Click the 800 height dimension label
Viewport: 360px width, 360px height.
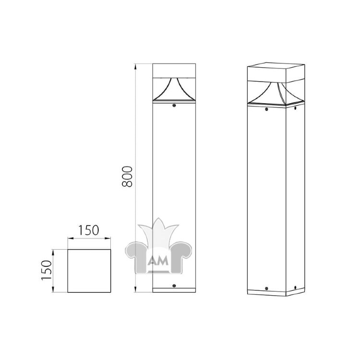pos(127,176)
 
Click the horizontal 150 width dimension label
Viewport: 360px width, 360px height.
pos(89,230)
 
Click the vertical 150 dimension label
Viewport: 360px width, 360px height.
pos(46,270)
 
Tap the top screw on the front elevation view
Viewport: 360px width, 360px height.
pos(174,106)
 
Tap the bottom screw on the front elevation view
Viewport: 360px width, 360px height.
pos(174,286)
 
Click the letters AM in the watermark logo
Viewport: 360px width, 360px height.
pos(158,261)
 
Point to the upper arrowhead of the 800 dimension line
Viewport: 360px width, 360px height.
pos(135,66)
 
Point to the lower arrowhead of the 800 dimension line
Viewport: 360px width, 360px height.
pos(135,289)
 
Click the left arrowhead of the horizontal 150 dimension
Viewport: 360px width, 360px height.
pos(71,239)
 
